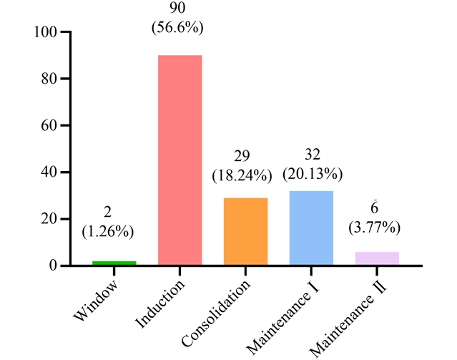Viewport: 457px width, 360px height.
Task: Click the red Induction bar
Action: point(180,160)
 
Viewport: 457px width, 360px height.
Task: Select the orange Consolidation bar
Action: point(245,231)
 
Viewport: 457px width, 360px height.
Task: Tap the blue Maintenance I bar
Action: point(311,228)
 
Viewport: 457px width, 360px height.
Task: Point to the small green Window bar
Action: point(114,263)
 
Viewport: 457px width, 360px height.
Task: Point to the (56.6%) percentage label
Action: point(180,30)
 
